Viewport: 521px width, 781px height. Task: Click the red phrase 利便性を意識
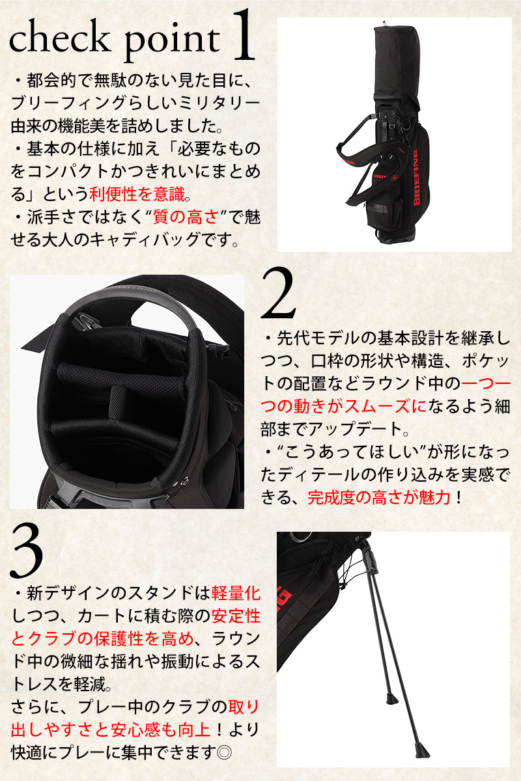point(137,194)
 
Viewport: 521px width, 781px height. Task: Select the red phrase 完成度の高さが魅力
point(378,497)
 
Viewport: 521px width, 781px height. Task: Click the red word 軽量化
point(236,594)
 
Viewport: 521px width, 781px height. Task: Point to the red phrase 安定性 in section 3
point(236,616)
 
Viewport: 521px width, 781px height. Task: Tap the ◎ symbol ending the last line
point(224,753)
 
